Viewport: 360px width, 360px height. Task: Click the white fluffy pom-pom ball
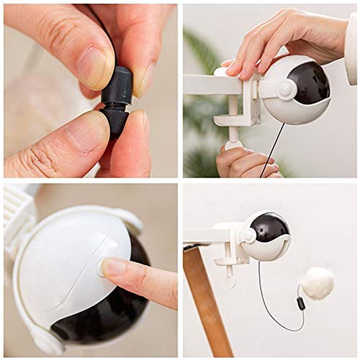317,282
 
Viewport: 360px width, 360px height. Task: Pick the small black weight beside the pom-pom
301,303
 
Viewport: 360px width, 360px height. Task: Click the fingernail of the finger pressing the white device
113,267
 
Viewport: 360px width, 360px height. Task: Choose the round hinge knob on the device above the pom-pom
248,235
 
